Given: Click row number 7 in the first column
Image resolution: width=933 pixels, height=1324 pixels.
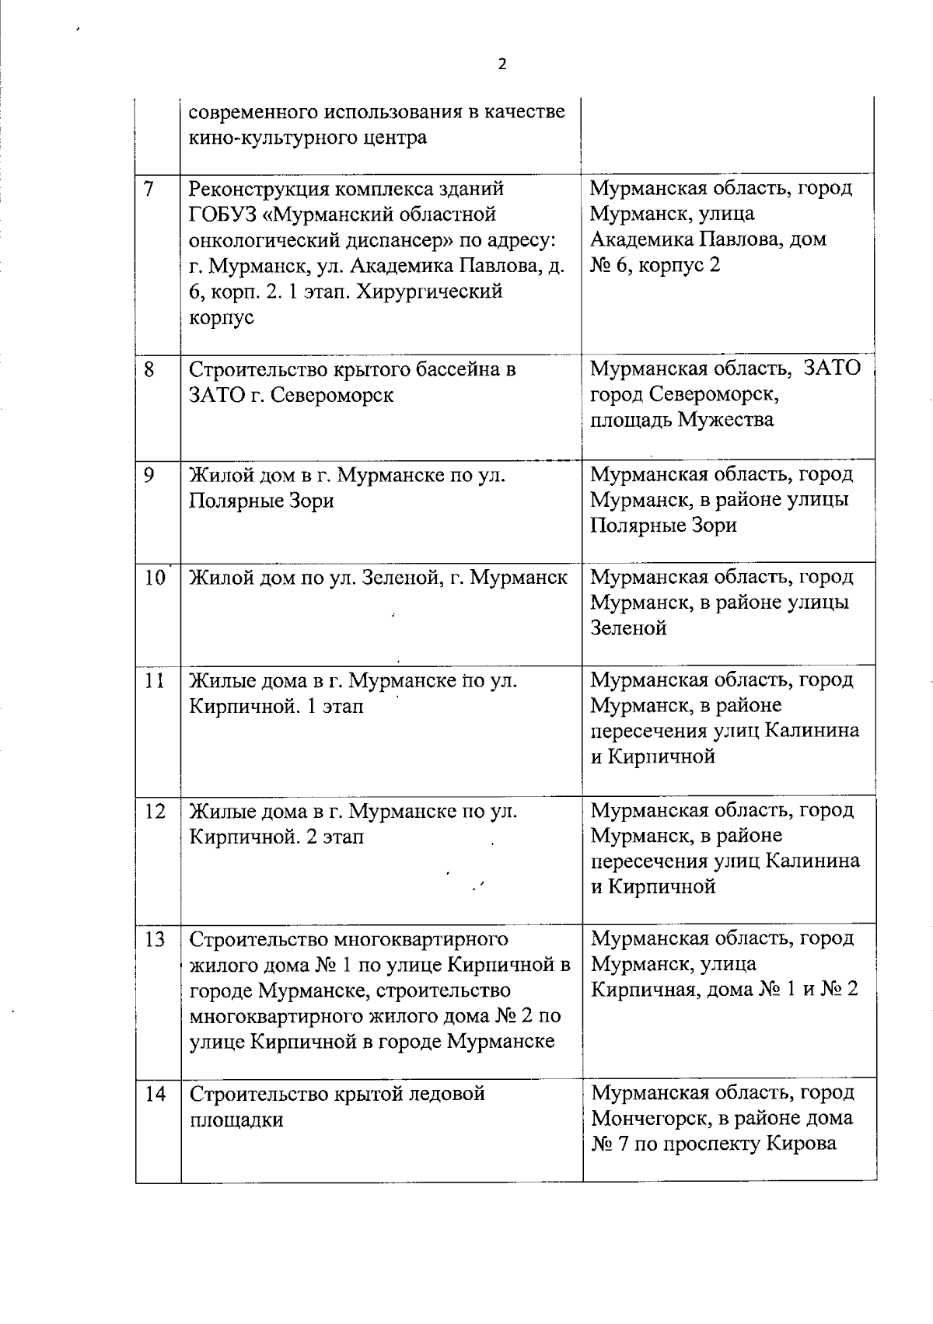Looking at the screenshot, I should (x=149, y=188).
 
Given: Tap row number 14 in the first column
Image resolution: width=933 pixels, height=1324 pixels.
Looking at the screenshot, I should (x=155, y=1095).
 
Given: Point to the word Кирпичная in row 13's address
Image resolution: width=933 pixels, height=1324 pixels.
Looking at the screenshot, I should (x=641, y=990).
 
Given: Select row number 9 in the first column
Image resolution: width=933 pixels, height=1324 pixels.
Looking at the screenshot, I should (x=149, y=474).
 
